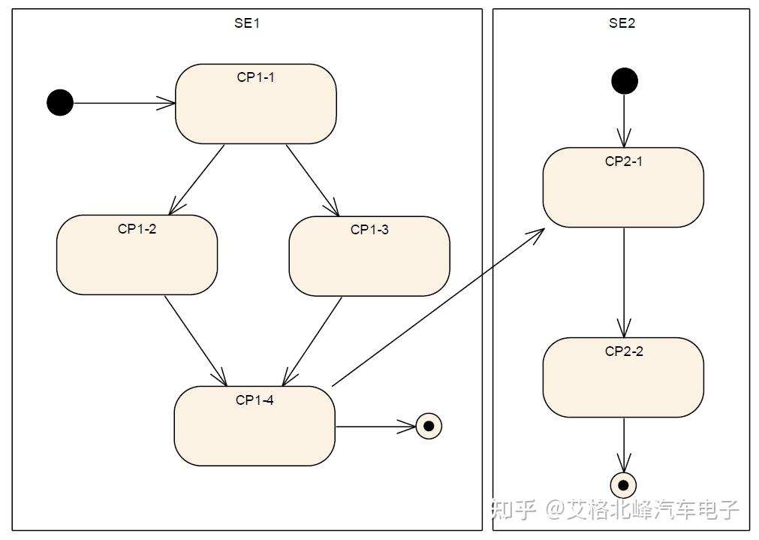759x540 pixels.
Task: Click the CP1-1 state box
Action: tap(255, 104)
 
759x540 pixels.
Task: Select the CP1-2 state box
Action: tap(137, 255)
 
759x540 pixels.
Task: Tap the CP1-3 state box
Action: tap(369, 256)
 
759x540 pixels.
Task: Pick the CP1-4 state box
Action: tap(255, 426)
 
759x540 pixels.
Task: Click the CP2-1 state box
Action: tap(623, 187)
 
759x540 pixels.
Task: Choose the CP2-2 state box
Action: tap(623, 377)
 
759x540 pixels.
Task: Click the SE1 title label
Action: tap(246, 23)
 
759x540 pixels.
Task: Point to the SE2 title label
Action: tap(622, 23)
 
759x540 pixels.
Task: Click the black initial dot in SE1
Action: tap(60, 102)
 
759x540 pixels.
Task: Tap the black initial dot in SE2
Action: tap(624, 80)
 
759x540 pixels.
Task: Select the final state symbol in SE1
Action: tap(429, 426)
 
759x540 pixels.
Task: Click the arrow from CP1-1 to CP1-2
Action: tap(197, 179)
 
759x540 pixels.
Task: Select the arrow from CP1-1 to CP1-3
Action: tap(312, 179)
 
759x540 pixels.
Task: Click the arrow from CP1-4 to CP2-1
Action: tap(438, 308)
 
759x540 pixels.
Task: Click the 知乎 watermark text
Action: tap(514, 510)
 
